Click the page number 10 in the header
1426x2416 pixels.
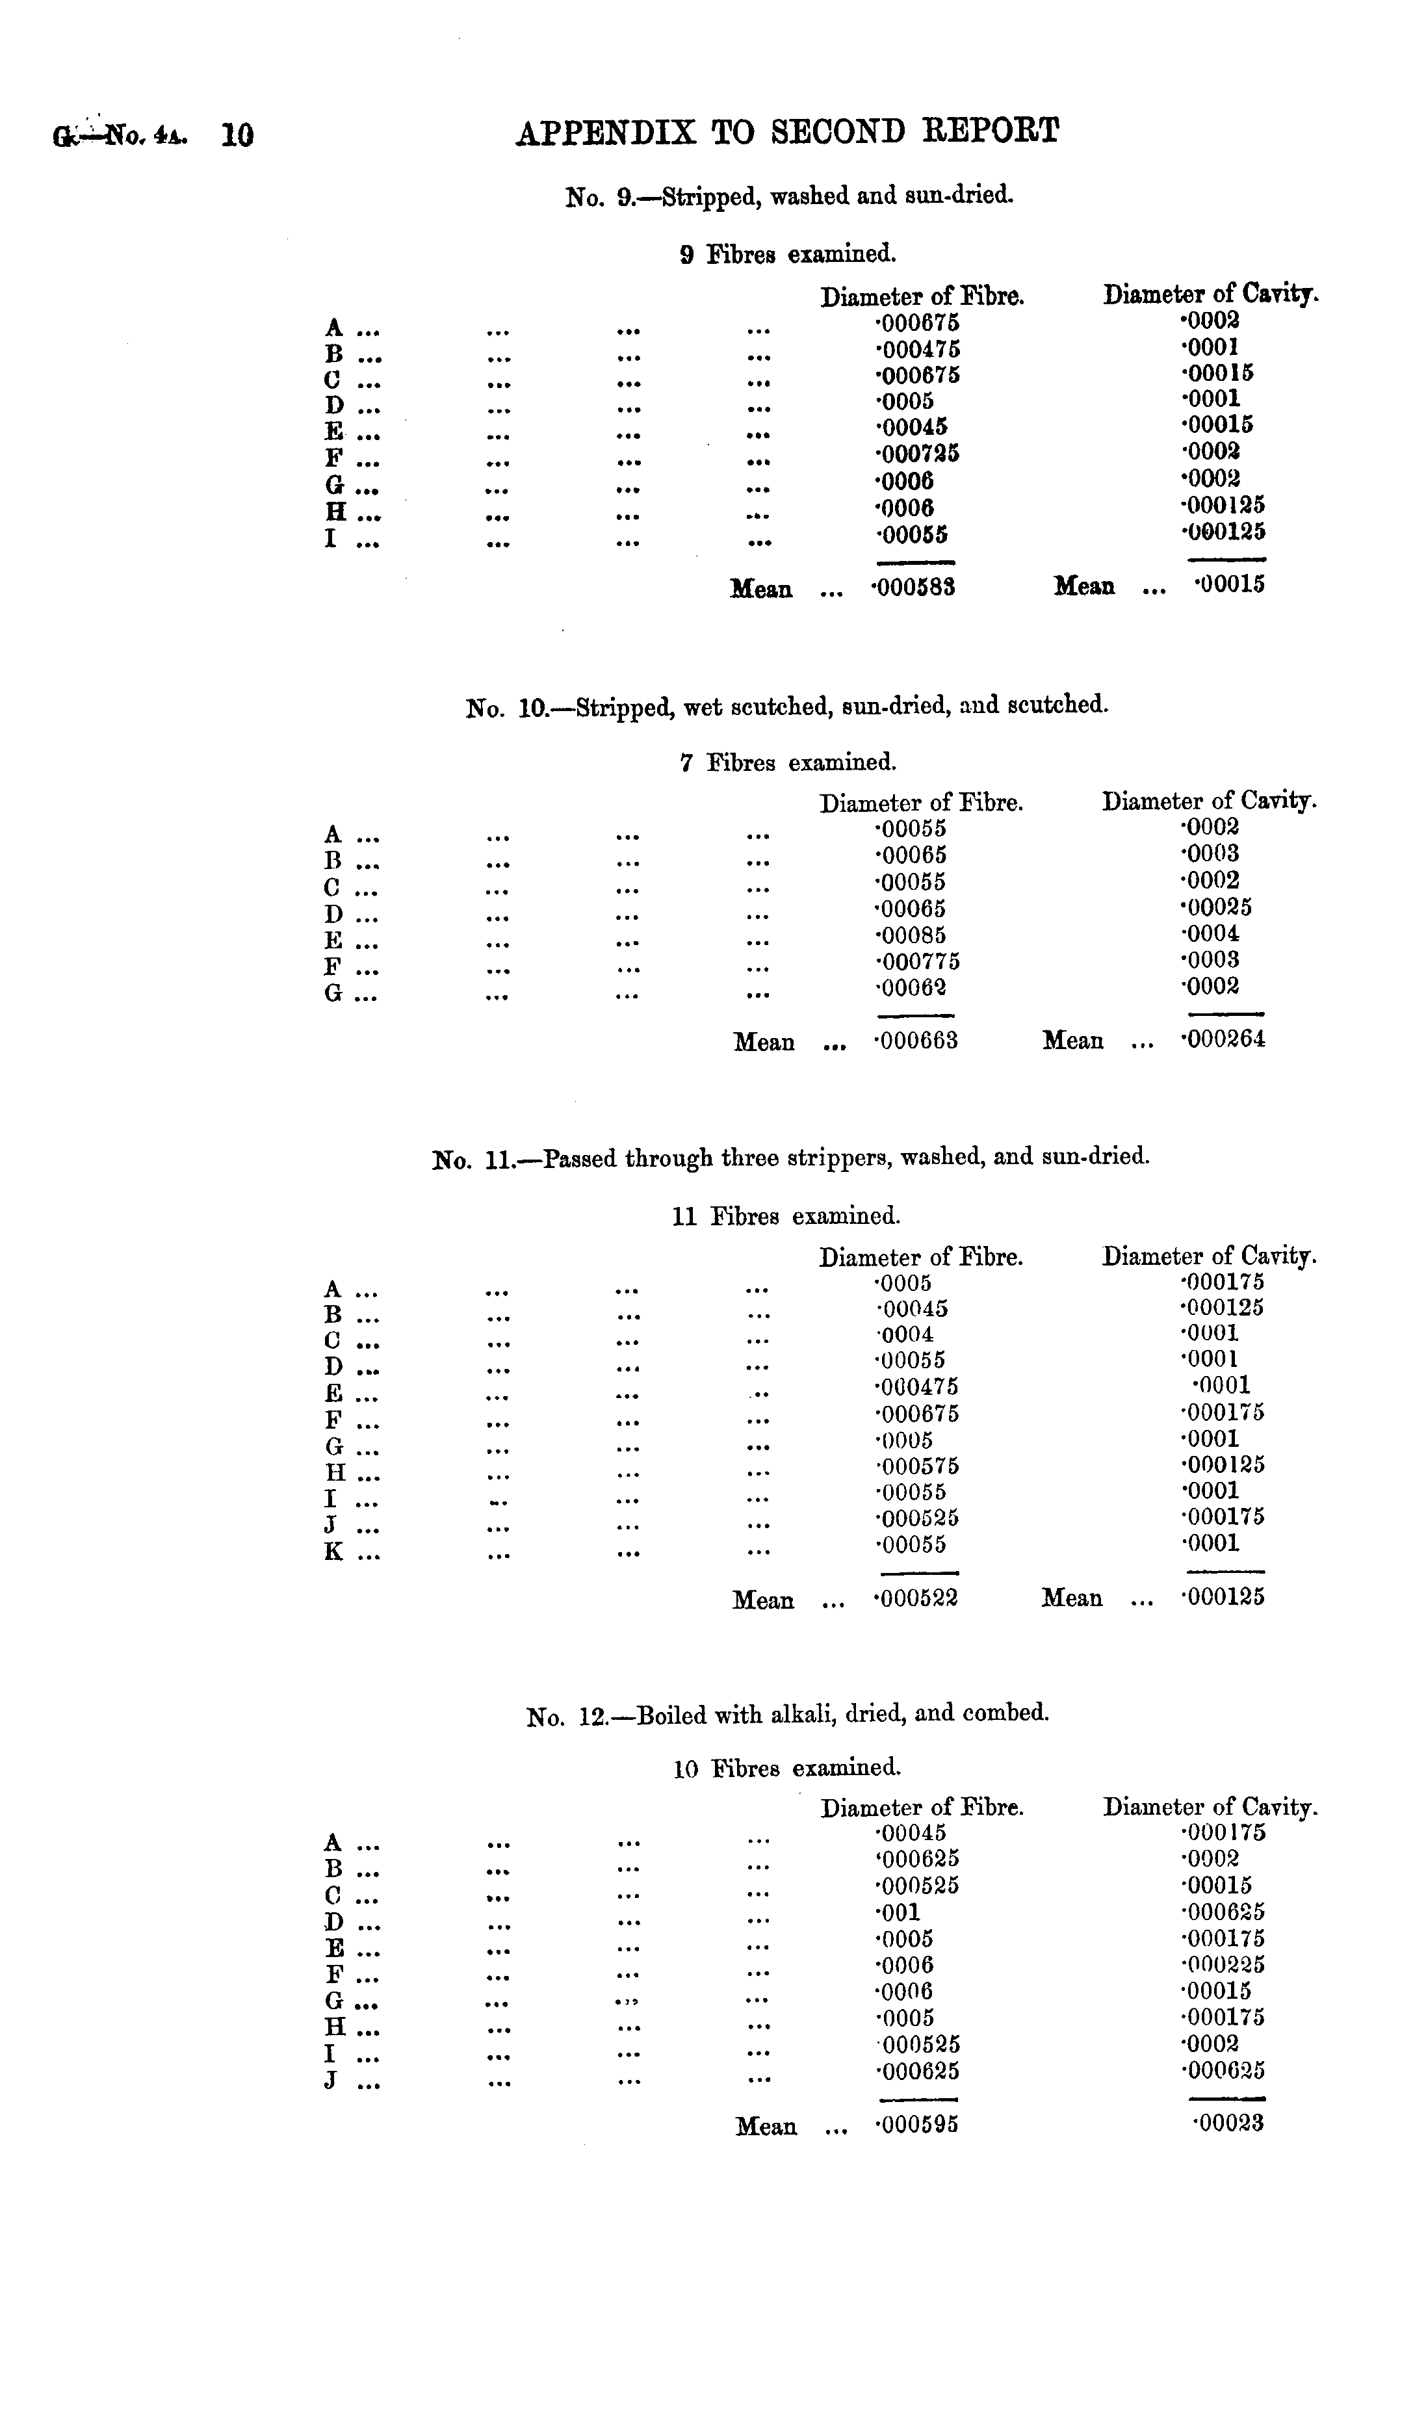tap(237, 135)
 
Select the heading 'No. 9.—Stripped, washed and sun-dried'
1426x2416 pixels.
tap(789, 197)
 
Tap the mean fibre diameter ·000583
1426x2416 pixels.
tap(914, 587)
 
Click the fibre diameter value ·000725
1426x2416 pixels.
tap(918, 452)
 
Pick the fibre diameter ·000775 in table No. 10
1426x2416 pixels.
tap(918, 961)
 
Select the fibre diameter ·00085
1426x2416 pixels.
tap(911, 935)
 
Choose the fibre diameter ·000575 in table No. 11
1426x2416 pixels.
tap(918, 1466)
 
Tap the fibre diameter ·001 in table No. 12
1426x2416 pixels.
tap(898, 1912)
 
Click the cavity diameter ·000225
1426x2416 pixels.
tap(1223, 1964)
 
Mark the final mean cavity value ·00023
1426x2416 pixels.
tap(1228, 2123)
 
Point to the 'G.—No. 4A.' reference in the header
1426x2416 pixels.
tap(120, 135)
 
